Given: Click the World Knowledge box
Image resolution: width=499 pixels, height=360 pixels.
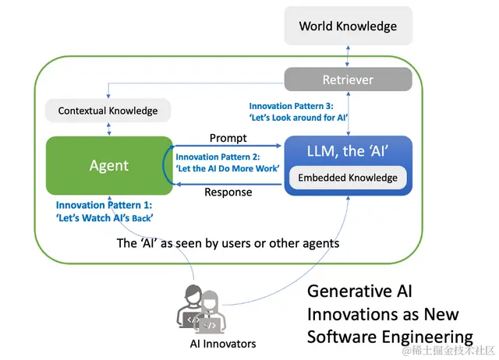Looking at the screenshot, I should (348, 26).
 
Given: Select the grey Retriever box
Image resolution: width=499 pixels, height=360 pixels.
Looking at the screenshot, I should (348, 79).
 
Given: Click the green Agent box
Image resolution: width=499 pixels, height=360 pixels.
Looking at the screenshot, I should (109, 165).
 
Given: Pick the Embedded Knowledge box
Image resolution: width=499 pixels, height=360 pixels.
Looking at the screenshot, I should (348, 178).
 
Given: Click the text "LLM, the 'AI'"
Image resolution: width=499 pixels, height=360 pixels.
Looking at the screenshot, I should (348, 150).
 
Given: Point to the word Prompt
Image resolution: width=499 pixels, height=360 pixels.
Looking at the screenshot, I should (228, 138).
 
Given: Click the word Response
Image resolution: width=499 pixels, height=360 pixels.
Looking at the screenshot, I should (228, 192).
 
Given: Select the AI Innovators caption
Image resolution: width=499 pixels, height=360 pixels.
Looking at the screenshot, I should (223, 344).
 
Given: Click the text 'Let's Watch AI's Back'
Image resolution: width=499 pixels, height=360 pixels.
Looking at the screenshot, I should (104, 217).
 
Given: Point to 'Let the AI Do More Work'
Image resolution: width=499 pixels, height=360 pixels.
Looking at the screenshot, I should (226, 168).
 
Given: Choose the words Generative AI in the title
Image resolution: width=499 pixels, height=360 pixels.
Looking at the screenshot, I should (359, 291).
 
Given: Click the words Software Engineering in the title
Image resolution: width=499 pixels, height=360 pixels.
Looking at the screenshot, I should (390, 337).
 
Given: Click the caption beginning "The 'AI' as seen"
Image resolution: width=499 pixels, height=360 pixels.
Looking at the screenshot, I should (228, 243).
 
